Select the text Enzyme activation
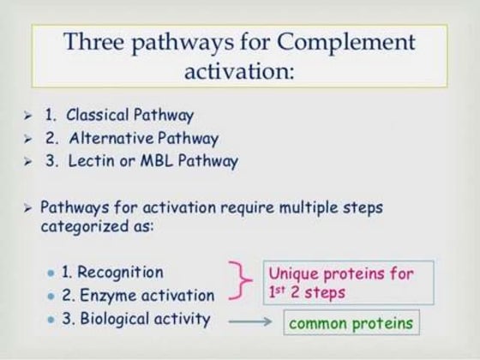pos(146,296)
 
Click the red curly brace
pos(241,284)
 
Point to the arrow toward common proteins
pos(248,324)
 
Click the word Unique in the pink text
pos(295,274)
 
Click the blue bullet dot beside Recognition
pos(53,273)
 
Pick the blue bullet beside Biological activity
pos(53,320)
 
